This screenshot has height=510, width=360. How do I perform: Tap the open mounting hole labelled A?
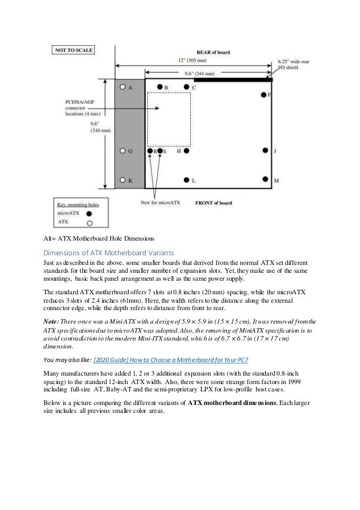click(122, 88)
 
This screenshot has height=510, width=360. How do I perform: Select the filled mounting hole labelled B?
click(160, 88)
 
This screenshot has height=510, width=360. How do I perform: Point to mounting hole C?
click(187, 88)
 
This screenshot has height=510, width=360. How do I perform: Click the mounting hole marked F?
click(263, 95)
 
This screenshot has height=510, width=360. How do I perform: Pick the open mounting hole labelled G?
click(122, 151)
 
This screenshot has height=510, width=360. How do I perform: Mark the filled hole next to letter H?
click(187, 151)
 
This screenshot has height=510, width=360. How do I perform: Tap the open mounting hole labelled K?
click(122, 180)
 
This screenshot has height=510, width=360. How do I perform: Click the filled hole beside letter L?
click(187, 180)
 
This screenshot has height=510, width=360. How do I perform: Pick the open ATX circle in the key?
click(89, 224)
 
